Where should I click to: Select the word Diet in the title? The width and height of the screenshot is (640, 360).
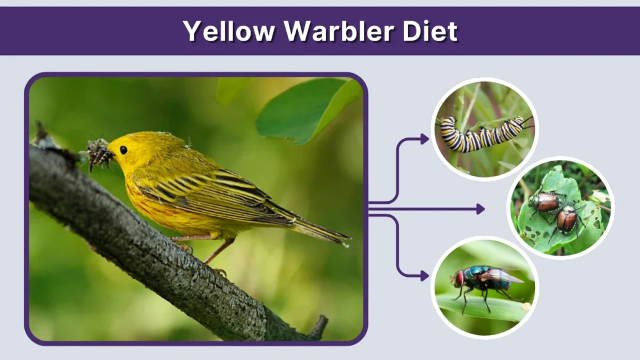coord(432,31)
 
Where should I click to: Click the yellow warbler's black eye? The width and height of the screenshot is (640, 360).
coord(124,150)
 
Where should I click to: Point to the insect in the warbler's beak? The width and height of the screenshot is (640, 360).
coord(99,154)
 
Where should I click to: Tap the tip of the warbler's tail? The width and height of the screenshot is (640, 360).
coord(346,239)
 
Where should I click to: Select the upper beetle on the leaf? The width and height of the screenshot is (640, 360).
coord(546,201)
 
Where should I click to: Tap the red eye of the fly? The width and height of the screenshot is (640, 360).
coord(459,277)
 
